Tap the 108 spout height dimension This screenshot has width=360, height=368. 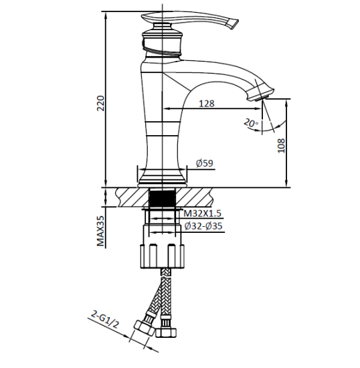(282, 145)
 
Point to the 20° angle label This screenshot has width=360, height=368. (250, 123)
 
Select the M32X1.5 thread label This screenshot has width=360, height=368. (203, 213)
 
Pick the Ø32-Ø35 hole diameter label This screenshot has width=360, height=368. (203, 227)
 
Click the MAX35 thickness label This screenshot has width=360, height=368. (101, 231)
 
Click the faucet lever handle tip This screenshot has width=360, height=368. (234, 25)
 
